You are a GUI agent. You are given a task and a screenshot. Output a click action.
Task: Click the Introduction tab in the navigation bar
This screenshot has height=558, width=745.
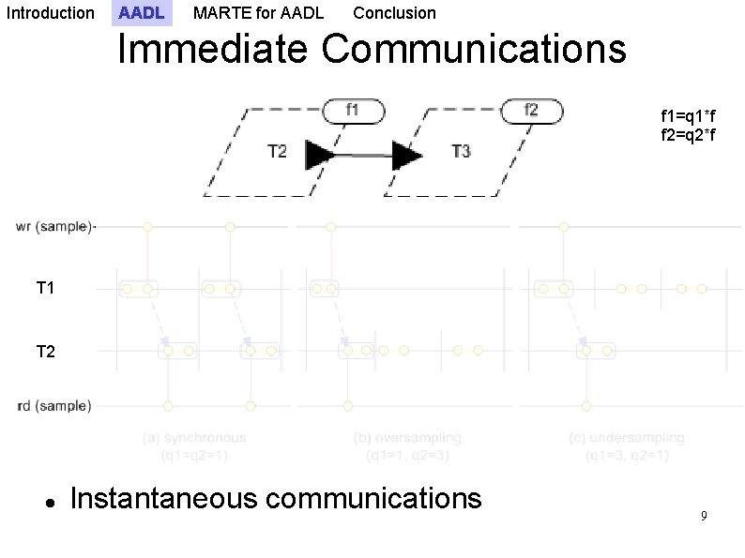click(x=50, y=13)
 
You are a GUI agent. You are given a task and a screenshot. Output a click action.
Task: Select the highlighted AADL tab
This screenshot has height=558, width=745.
click(x=142, y=13)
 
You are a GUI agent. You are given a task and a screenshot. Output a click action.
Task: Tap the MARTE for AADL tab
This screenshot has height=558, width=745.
click(x=258, y=13)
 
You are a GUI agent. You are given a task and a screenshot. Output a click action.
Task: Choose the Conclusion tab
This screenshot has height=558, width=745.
click(x=394, y=13)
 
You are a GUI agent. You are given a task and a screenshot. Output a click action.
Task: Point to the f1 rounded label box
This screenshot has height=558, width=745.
click(x=354, y=111)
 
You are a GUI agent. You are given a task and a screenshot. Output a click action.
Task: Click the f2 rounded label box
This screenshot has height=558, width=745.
click(x=531, y=111)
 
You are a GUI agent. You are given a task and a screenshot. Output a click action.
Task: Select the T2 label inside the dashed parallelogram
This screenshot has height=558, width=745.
click(x=277, y=151)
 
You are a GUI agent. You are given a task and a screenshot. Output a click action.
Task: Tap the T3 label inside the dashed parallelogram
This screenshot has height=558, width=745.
click(x=461, y=151)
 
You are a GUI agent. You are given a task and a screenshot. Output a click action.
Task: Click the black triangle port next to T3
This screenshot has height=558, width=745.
click(x=406, y=155)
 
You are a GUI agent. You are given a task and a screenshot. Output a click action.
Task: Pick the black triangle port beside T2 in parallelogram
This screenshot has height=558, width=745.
click(x=320, y=155)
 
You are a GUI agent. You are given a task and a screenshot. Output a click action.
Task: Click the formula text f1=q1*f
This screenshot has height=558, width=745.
click(x=689, y=116)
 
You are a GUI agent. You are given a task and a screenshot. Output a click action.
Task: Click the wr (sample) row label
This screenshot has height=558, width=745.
click(x=54, y=227)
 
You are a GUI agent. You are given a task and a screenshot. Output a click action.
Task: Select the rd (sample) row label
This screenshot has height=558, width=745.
click(x=54, y=406)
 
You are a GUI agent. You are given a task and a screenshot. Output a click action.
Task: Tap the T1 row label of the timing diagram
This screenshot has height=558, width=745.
click(x=45, y=289)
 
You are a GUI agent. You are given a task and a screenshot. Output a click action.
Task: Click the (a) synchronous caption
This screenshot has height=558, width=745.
click(x=194, y=438)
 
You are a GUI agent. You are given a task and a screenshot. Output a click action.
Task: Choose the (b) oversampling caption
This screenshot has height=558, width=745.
click(x=407, y=438)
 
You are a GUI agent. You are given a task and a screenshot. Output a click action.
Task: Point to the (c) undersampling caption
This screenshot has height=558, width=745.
click(x=627, y=438)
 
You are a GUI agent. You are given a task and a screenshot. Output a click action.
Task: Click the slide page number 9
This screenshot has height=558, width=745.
click(x=704, y=517)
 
